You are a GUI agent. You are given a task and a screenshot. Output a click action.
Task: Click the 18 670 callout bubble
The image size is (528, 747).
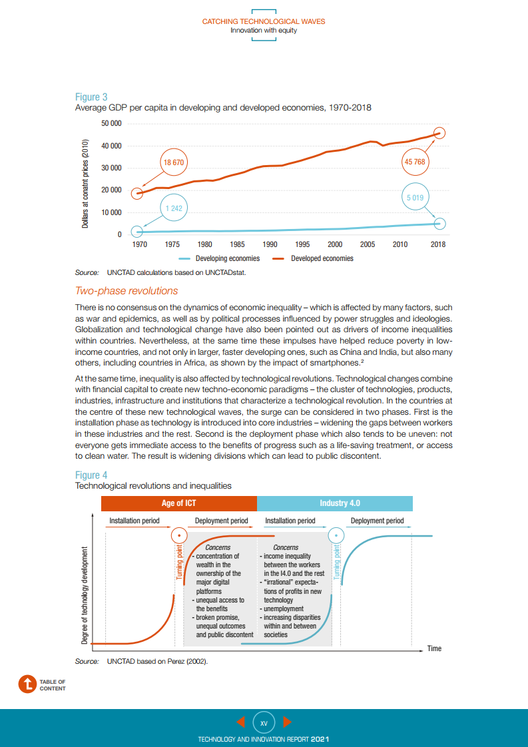pyautogui.click(x=173, y=162)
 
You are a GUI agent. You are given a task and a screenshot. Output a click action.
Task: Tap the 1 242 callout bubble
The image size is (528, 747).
pyautogui.click(x=173, y=208)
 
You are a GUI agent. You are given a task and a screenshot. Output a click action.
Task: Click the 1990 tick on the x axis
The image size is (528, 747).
pyautogui.click(x=270, y=244)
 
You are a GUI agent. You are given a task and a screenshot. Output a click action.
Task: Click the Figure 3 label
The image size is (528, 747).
pyautogui.click(x=91, y=97)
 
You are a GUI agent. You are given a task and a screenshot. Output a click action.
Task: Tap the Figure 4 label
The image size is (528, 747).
pyautogui.click(x=91, y=475)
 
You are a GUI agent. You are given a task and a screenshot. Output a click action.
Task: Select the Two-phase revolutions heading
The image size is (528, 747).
pyautogui.click(x=127, y=290)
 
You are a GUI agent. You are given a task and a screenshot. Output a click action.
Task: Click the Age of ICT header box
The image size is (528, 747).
pyautogui.click(x=178, y=503)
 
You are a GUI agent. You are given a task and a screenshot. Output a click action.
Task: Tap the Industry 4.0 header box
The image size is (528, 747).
pyautogui.click(x=334, y=503)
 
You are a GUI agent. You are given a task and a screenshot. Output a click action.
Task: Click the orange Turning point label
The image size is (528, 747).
pyautogui.click(x=179, y=561)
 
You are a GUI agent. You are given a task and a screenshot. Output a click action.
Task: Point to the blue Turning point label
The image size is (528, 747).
pyautogui.click(x=337, y=561)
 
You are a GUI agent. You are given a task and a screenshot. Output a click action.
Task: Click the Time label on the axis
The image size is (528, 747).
pyautogui.click(x=434, y=648)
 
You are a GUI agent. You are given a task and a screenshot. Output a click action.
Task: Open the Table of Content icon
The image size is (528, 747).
pyautogui.click(x=27, y=684)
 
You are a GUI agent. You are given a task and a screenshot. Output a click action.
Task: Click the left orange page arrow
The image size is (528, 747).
pyautogui.click(x=241, y=722)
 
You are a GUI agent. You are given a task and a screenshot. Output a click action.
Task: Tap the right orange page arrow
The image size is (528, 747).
pyautogui.click(x=287, y=722)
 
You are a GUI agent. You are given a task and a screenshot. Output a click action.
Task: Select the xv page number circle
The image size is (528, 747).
pyautogui.click(x=264, y=722)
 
